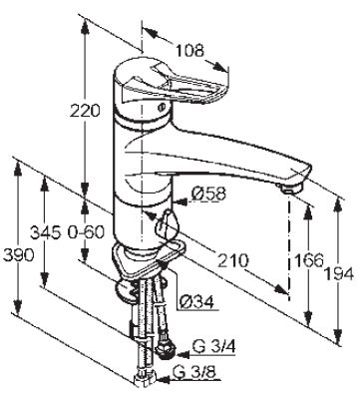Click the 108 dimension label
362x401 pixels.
click(189, 51)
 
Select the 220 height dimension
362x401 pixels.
click(85, 111)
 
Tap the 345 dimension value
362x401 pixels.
click(46, 232)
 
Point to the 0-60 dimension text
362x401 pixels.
click(86, 232)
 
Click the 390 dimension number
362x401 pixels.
click(19, 255)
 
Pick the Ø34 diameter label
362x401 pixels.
click(196, 302)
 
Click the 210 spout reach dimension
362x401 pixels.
click(232, 260)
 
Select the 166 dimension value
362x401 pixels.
click(308, 260)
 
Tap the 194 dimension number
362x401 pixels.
click(338, 274)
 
